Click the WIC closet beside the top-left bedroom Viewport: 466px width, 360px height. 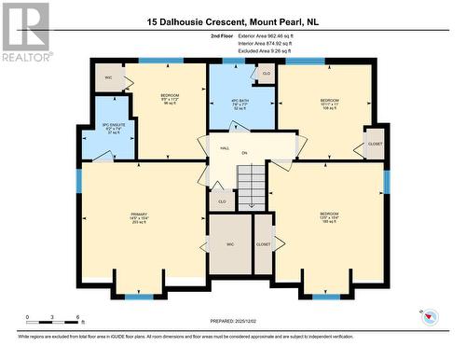109,78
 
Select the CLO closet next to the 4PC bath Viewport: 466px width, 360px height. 267,74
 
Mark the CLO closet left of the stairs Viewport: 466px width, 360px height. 222,200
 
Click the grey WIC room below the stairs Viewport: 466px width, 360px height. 229,244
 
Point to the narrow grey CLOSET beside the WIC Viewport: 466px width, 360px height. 264,244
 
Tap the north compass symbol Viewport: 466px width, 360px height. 431,317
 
